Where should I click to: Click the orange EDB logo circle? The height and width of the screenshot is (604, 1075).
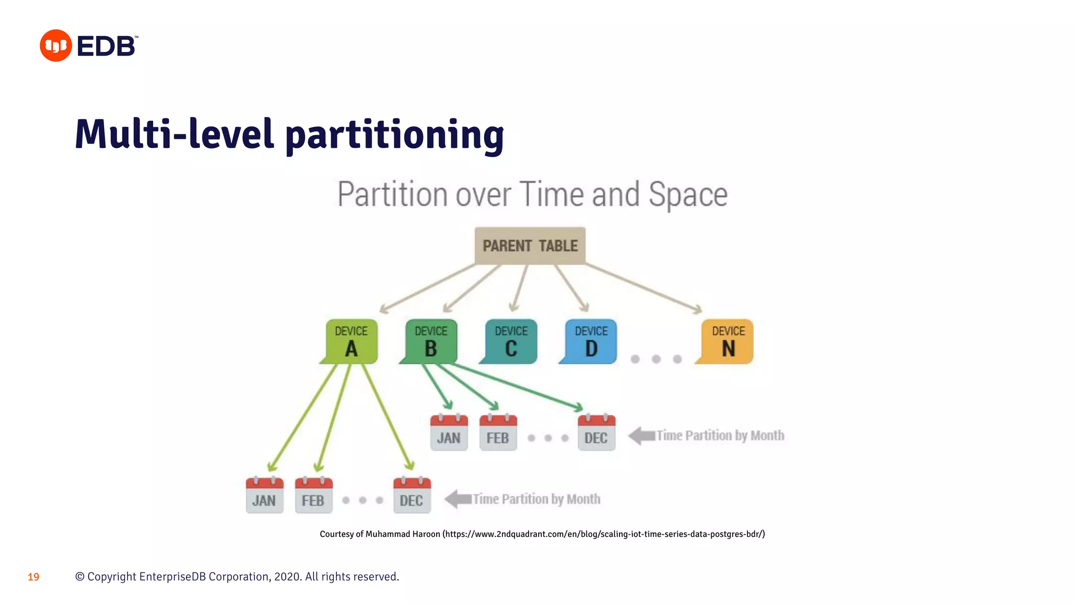pyautogui.click(x=56, y=46)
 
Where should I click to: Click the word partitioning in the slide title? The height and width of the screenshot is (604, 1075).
pyautogui.click(x=394, y=135)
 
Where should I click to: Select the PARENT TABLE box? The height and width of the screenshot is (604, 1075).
pyautogui.click(x=530, y=245)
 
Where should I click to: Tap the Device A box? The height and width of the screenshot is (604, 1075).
pyautogui.click(x=351, y=341)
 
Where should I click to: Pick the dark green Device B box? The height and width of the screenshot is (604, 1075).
pyautogui.click(x=431, y=341)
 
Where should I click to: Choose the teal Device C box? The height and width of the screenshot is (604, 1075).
pyautogui.click(x=511, y=341)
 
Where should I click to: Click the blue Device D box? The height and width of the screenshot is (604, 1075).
pyautogui.click(x=591, y=341)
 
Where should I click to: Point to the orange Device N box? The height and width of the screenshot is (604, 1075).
pyautogui.click(x=728, y=341)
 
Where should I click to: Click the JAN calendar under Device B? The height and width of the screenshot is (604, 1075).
pyautogui.click(x=449, y=433)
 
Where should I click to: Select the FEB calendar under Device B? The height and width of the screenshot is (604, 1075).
pyautogui.click(x=498, y=433)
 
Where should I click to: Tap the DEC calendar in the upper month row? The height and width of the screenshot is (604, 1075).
pyautogui.click(x=596, y=433)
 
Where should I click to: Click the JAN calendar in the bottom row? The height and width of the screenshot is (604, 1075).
pyautogui.click(x=264, y=495)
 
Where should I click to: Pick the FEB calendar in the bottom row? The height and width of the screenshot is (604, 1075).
pyautogui.click(x=313, y=495)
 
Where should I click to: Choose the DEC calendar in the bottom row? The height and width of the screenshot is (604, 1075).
pyautogui.click(x=412, y=495)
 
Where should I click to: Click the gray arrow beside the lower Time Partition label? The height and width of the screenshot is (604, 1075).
pyautogui.click(x=458, y=499)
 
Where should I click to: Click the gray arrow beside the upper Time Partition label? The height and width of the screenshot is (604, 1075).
pyautogui.click(x=641, y=436)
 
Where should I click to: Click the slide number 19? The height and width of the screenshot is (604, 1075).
pyautogui.click(x=34, y=577)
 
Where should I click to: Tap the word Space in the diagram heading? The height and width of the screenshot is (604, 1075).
pyautogui.click(x=688, y=195)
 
